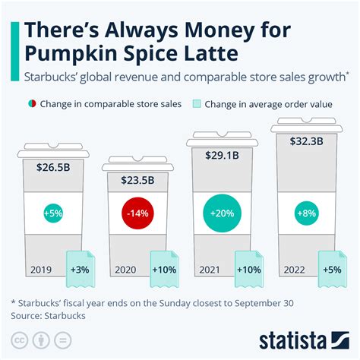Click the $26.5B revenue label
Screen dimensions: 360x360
[49, 167]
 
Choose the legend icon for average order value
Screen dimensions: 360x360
[196, 104]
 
